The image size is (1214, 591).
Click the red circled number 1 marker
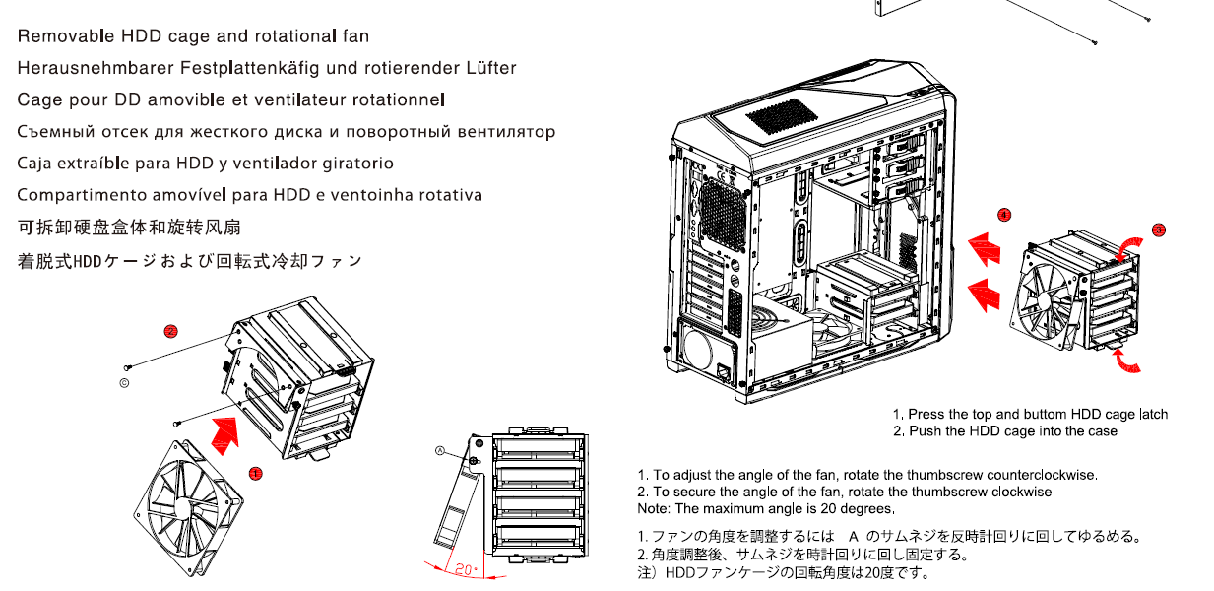pyautogui.click(x=255, y=474)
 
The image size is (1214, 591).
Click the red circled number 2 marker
pyautogui.click(x=170, y=331)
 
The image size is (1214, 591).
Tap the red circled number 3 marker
pyautogui.click(x=1158, y=230)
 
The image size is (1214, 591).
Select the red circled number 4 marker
pyautogui.click(x=1004, y=216)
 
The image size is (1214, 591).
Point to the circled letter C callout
pyautogui.click(x=124, y=383)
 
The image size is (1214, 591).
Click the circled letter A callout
pyautogui.click(x=440, y=450)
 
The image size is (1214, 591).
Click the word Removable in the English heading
pyautogui.click(x=66, y=36)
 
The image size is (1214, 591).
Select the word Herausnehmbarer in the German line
pyautogui.click(x=96, y=68)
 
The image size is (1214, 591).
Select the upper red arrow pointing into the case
pyautogui.click(x=985, y=249)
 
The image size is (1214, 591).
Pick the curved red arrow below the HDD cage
pyautogui.click(x=1126, y=361)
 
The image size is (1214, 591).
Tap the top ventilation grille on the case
pyautogui.click(x=781, y=117)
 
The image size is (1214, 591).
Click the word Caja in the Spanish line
pyautogui.click(x=33, y=164)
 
